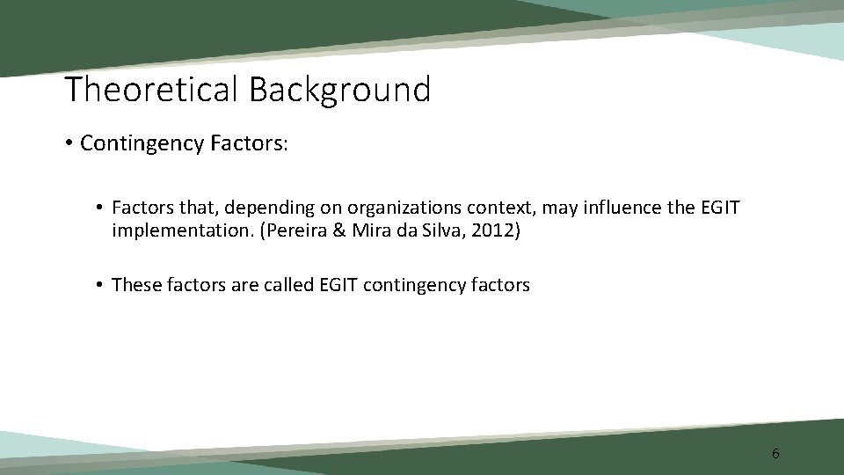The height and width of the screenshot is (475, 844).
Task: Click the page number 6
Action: coord(775,454)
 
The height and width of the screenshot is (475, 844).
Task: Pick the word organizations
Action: coord(399,208)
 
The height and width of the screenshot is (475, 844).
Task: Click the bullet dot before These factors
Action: coord(100,285)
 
